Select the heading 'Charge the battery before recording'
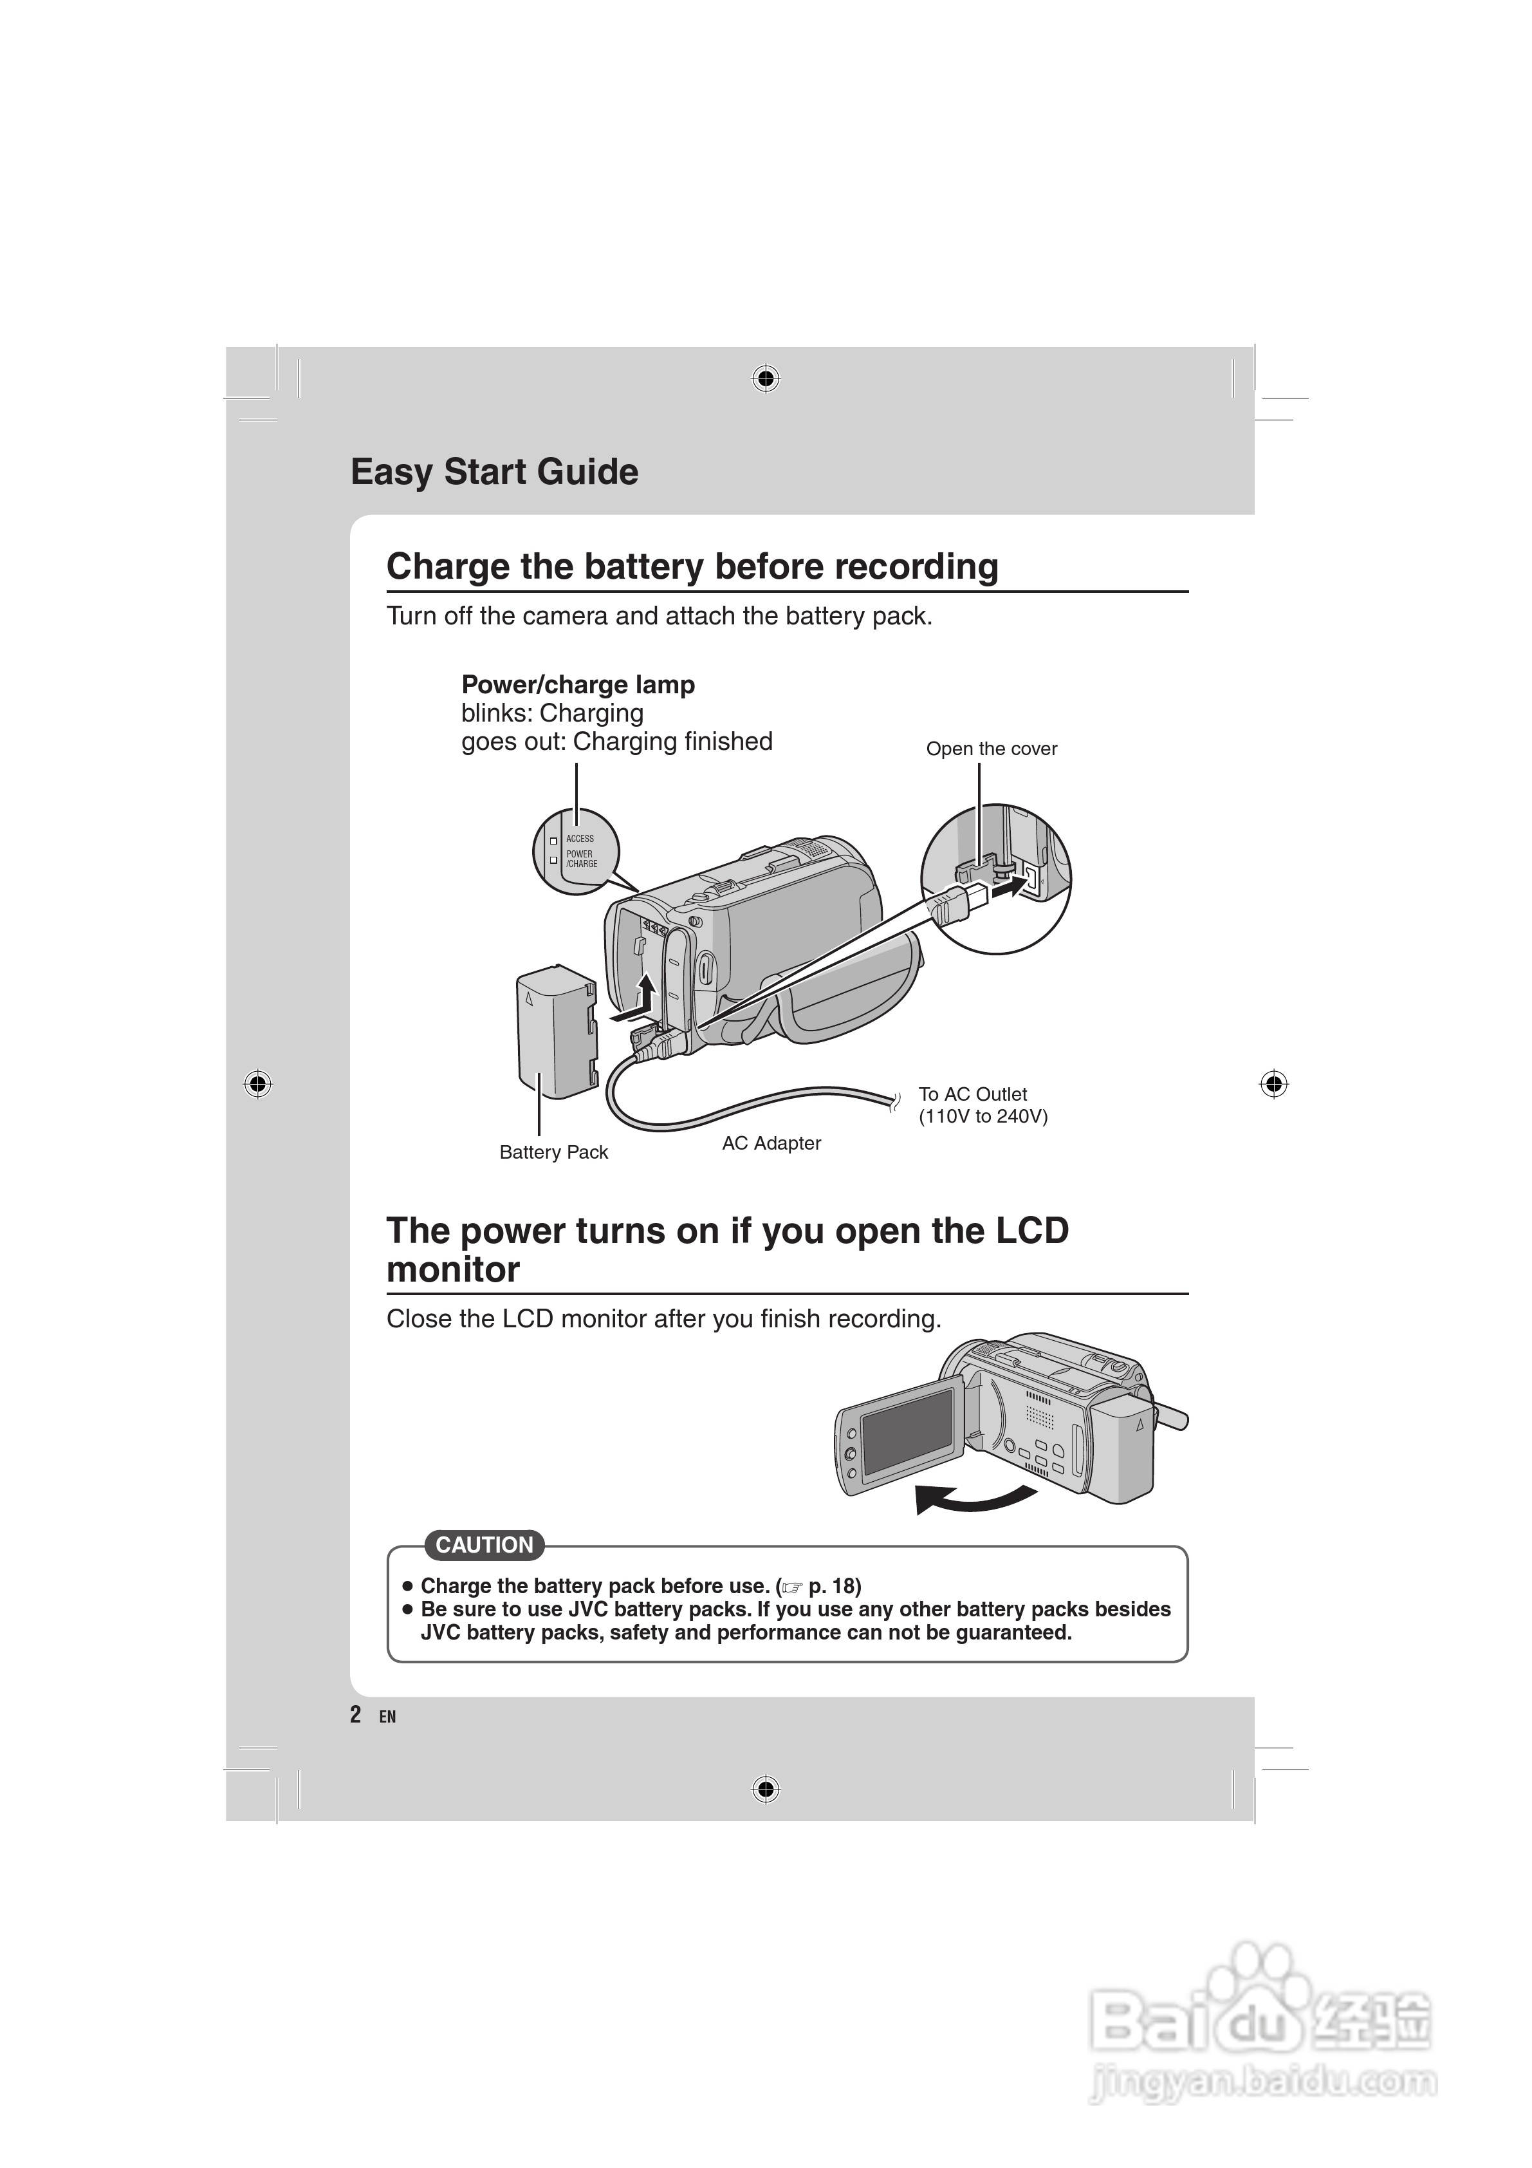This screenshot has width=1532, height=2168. click(692, 566)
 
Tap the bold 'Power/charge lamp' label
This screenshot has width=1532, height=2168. click(578, 685)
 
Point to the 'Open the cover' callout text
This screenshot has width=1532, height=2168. click(991, 749)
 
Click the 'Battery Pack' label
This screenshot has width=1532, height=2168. click(553, 1152)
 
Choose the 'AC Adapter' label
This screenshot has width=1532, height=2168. click(771, 1143)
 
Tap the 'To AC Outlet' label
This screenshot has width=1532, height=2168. click(972, 1094)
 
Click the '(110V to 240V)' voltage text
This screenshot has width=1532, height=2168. click(983, 1117)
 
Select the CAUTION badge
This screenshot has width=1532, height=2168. click(485, 1545)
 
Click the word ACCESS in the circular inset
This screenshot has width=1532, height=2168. click(580, 839)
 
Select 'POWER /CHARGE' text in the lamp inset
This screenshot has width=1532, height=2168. click(582, 858)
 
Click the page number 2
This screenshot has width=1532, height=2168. click(355, 1714)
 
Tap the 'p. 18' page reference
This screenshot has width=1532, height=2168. click(835, 1585)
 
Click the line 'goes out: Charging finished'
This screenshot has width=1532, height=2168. click(616, 742)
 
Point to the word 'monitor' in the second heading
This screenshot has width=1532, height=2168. click(453, 1270)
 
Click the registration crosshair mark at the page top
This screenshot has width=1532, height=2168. click(766, 380)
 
